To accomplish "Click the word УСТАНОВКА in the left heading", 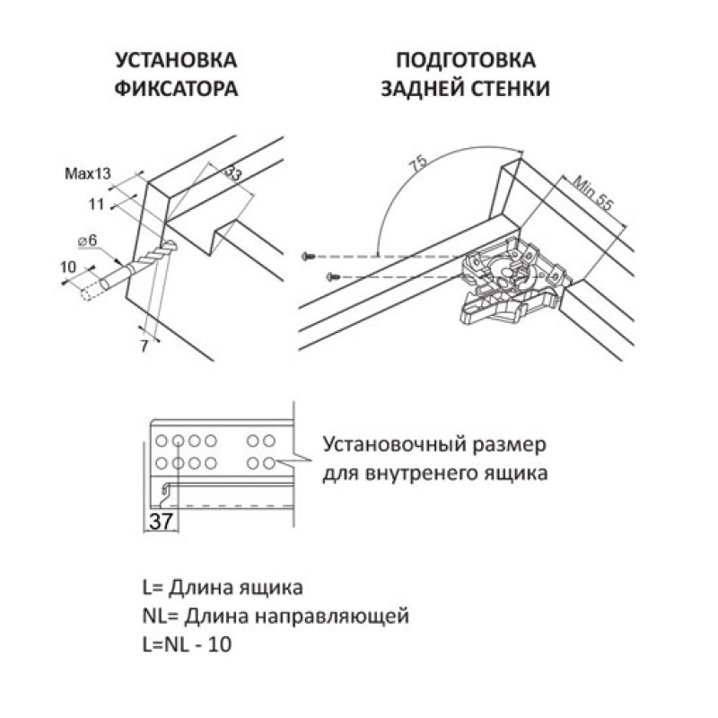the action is [x=176, y=60].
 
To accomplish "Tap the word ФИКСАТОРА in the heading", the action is [x=176, y=88].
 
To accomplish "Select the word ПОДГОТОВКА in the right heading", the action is [x=465, y=60].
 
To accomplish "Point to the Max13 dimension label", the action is [x=88, y=173].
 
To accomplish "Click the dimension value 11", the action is [x=97, y=205].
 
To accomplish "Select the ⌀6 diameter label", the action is [x=87, y=241].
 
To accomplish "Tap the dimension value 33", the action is [x=233, y=173].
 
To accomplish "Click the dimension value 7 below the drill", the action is [x=144, y=346].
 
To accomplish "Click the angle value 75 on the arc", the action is [x=419, y=163].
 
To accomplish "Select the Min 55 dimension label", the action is [x=592, y=193].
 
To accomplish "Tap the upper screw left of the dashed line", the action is [x=308, y=257].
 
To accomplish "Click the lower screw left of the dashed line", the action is [x=334, y=276].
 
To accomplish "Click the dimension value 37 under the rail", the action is [x=161, y=521].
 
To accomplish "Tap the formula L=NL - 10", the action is [x=188, y=644].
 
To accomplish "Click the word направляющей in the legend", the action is [x=331, y=617].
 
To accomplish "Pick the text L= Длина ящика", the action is [x=223, y=588].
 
